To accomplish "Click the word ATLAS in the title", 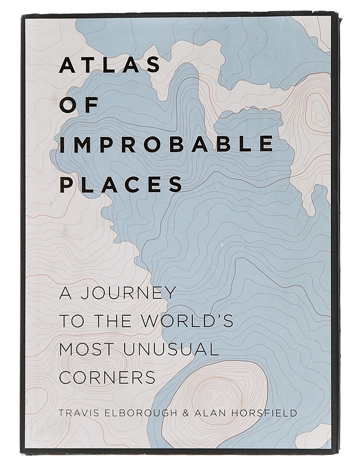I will tap(110, 65).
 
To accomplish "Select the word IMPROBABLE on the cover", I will tap(166, 144).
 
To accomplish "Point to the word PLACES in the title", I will tap(121, 183).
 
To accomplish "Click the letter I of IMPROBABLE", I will tap(62, 144).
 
